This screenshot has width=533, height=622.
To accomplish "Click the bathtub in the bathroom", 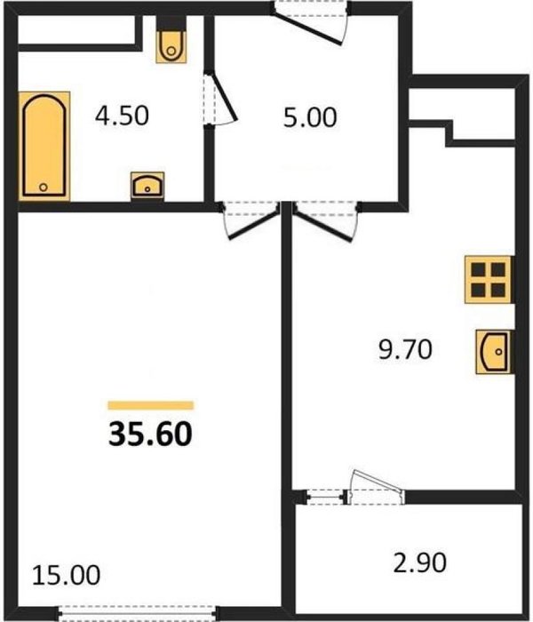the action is click(x=44, y=146).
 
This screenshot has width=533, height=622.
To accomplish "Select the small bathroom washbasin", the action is click(x=147, y=186).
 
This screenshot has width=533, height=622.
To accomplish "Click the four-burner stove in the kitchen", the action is click(x=489, y=280).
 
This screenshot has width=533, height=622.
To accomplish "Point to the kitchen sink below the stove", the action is click(x=494, y=352).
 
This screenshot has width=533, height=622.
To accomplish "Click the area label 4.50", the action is click(x=123, y=116).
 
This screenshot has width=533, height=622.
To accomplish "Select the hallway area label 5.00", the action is click(x=310, y=117).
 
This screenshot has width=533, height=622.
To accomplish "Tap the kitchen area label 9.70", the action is click(x=405, y=350).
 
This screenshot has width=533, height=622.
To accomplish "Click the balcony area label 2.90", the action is click(x=420, y=562).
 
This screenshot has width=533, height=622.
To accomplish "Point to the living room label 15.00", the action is click(x=67, y=575).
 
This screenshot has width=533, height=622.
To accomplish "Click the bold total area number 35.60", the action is click(x=151, y=434).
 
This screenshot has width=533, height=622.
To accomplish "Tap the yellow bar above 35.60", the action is click(x=151, y=405).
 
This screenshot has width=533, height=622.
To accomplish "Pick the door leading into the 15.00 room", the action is click(x=254, y=225).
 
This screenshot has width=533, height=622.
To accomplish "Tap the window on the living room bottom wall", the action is click(x=137, y=612).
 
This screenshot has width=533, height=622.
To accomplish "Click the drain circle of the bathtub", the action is click(x=44, y=187).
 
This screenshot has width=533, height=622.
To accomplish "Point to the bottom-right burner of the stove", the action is click(x=498, y=290).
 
